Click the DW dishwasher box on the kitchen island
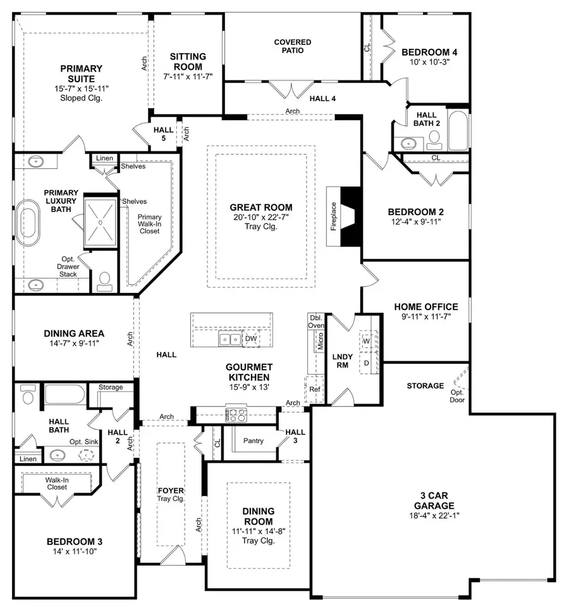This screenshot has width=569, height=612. (251, 339)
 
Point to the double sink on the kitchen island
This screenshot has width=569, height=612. (229, 339)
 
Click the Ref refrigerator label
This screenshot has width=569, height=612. (314, 390)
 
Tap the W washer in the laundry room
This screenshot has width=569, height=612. (366, 341)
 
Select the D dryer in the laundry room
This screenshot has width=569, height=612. (366, 363)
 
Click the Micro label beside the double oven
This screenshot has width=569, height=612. (321, 342)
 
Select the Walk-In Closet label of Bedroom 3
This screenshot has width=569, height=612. (56, 483)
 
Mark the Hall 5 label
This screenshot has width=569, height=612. (159, 134)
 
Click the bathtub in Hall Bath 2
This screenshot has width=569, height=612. (457, 128)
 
